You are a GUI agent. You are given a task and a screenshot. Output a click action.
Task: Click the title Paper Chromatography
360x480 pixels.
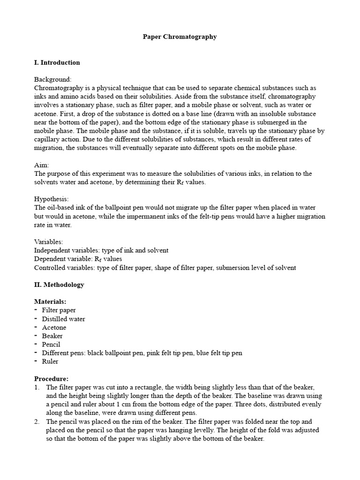tap(180, 37)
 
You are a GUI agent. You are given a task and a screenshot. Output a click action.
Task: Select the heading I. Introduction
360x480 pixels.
tap(57, 62)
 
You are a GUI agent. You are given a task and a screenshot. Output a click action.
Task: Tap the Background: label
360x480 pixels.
tap(53, 80)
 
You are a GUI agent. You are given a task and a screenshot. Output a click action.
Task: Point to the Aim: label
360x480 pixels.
tap(42, 165)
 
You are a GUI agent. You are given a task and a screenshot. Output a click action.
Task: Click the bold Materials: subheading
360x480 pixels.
tap(50, 301)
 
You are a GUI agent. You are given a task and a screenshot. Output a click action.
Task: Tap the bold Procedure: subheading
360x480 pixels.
tap(52, 379)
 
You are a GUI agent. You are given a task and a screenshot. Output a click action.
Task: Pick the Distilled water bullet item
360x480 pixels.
tap(63, 319)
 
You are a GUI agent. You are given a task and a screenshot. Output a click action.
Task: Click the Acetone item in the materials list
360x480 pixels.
tap(54, 327)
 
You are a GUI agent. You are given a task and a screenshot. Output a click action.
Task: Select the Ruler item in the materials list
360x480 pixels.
tap(50, 361)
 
